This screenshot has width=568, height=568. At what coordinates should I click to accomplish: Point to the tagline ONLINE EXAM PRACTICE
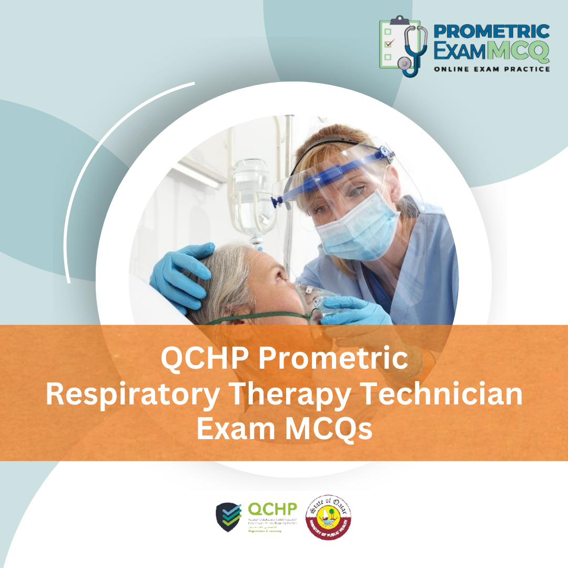click(x=492, y=68)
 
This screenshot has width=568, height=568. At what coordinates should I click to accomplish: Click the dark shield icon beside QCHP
click(x=229, y=517)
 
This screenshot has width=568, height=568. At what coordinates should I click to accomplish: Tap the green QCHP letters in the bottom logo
click(x=272, y=509)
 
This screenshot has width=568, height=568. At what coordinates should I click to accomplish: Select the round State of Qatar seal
click(x=329, y=517)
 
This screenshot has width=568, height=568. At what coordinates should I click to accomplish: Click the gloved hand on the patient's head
click(x=182, y=273)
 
